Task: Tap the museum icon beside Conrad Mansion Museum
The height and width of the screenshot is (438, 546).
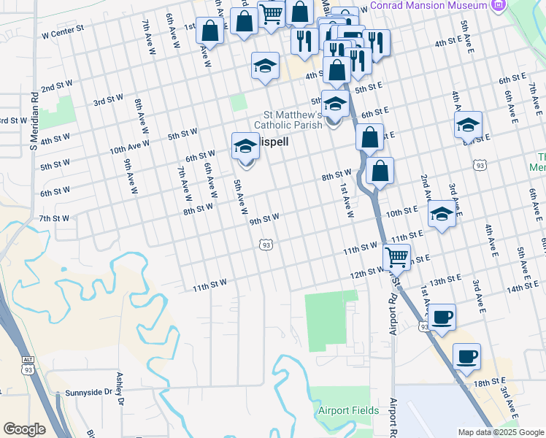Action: pos(499,5)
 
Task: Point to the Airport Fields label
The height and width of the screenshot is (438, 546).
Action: pos(348,410)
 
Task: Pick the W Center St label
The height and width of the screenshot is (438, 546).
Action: pos(64,34)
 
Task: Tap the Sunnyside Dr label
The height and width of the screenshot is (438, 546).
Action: pos(89,392)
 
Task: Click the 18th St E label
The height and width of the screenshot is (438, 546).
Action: pos(489,382)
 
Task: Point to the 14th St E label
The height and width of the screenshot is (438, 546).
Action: pos(523,288)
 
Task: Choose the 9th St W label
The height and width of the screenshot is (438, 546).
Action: pos(264,218)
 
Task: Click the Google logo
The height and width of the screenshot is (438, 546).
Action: pos(24,429)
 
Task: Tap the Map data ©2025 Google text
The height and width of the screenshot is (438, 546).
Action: pos(500,432)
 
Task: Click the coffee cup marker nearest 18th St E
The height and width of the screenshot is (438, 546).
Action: pos(466,358)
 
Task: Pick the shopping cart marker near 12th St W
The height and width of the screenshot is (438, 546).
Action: pos(396,257)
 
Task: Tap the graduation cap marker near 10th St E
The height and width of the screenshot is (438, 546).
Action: pos(441,215)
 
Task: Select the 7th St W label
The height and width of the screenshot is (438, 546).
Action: pos(54,218)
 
